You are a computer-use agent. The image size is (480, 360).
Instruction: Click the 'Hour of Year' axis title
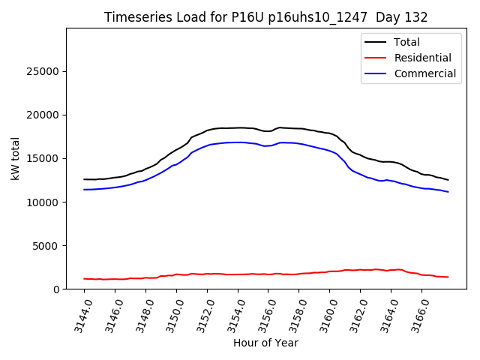265,343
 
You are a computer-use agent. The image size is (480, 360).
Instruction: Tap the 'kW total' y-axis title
15,158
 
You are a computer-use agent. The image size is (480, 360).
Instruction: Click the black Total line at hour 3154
238,127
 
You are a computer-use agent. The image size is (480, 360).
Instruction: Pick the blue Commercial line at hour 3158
299,143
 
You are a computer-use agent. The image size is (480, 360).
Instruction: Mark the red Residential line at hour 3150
176,274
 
